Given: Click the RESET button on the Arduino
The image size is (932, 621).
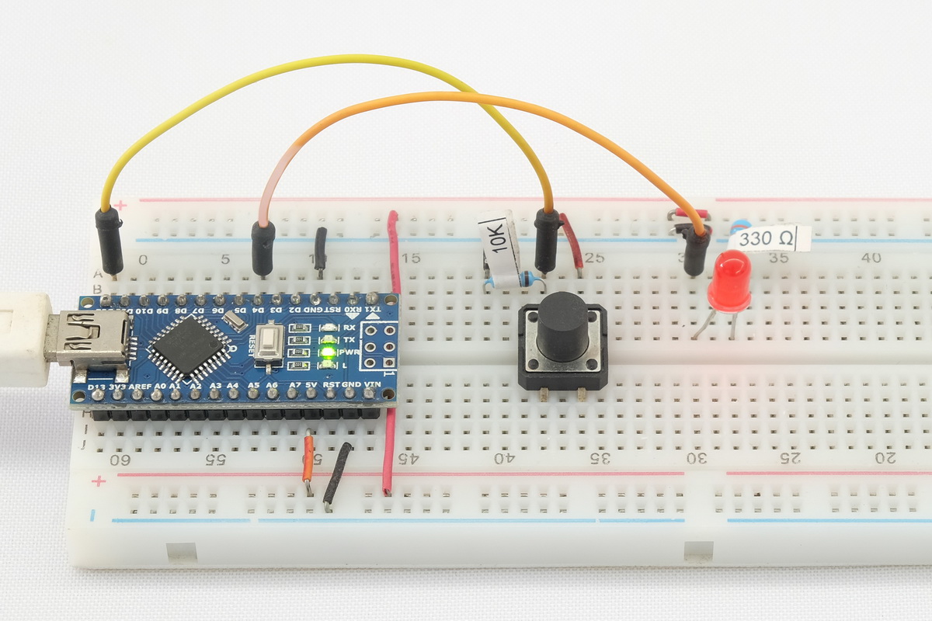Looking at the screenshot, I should [x=269, y=342].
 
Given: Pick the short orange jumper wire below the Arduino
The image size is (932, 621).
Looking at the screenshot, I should [x=308, y=460].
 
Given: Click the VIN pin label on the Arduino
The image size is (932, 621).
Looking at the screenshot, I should [x=372, y=384].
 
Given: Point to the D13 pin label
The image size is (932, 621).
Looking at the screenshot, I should [x=97, y=387].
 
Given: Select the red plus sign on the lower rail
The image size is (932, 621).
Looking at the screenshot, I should [x=99, y=481].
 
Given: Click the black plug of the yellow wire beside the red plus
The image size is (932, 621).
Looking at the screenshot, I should [x=110, y=240].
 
